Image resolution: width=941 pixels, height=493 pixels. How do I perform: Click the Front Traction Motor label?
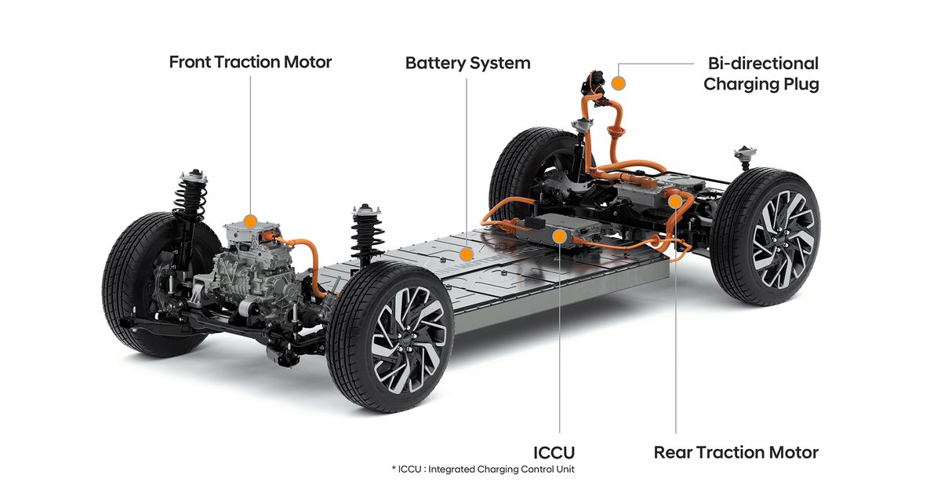(x=250, y=62)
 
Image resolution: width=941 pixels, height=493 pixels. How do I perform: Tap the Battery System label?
(x=467, y=63)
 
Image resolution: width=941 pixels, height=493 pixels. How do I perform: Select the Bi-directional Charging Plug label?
(x=761, y=74)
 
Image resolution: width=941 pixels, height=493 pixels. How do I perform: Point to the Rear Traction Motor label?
(x=736, y=452)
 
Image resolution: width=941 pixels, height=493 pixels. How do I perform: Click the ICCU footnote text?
(x=483, y=469)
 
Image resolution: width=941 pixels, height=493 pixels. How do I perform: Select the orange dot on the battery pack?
(x=467, y=254)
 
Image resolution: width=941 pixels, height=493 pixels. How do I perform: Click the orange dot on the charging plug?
(x=618, y=82)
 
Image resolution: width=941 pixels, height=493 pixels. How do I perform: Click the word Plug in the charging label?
(x=800, y=84)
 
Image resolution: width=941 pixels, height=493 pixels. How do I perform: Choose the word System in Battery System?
(x=501, y=63)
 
